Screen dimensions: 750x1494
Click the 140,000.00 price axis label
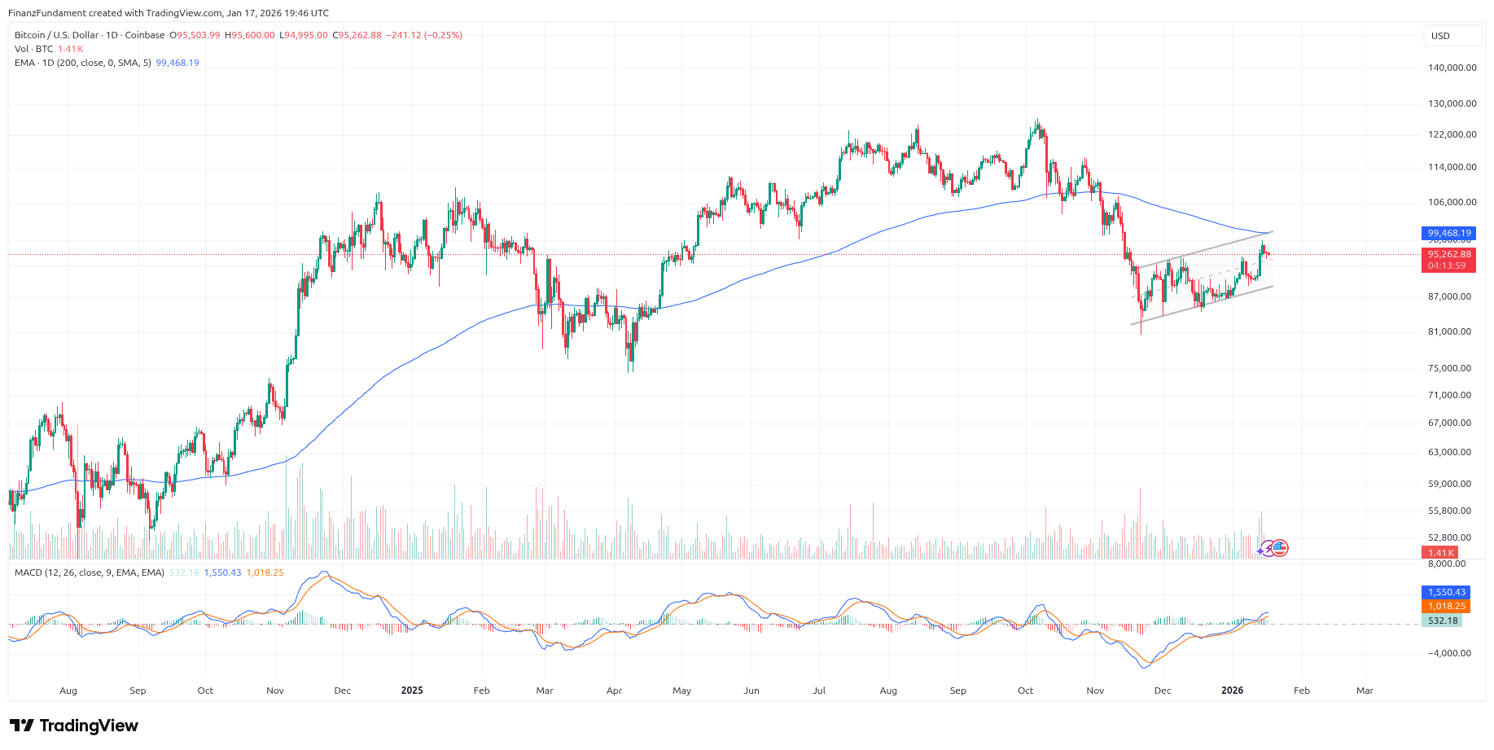1452,68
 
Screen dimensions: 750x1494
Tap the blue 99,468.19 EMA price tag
1448,233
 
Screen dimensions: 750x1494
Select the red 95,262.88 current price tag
1448,254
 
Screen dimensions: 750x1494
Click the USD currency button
1452,36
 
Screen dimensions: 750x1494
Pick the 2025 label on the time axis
412,691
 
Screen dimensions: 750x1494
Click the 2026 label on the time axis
1233,691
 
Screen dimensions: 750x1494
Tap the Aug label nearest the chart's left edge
68,691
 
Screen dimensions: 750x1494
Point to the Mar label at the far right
1365,691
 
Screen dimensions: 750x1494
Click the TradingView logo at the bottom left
74,726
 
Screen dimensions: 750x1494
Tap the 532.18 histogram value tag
1442,621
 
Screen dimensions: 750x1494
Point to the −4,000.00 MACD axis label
1449,653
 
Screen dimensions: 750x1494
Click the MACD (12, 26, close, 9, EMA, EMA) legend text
90,572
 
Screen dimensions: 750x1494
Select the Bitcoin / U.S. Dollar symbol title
56,35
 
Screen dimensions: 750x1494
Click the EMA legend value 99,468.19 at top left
177,63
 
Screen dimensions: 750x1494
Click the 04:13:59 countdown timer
1448,265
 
